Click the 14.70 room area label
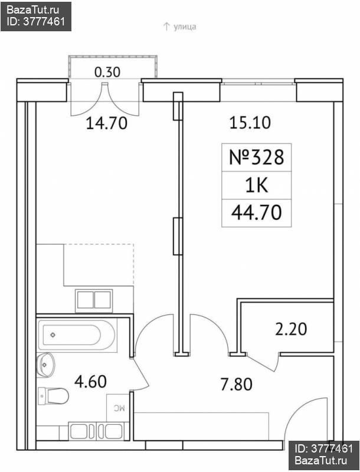point(107,123)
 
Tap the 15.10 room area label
point(250,123)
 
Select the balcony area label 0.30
point(107,72)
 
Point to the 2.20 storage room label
point(291,329)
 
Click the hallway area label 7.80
point(236,385)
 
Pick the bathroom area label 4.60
point(90,381)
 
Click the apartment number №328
point(257,157)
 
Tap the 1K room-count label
point(257,186)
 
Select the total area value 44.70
point(257,212)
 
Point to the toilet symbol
point(53,396)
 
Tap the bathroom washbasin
point(46,365)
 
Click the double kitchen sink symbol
point(94,300)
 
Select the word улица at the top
point(185,27)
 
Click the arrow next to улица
point(166,27)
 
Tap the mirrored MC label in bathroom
point(119,408)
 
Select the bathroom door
point(141,374)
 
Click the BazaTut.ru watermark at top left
point(36,16)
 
